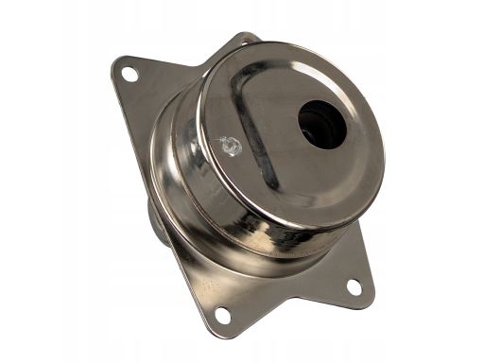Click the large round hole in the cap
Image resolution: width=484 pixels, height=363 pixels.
click(x=322, y=124)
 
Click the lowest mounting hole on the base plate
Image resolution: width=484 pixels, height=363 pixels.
click(x=224, y=315)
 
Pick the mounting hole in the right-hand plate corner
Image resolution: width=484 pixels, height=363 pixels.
click(x=353, y=285)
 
